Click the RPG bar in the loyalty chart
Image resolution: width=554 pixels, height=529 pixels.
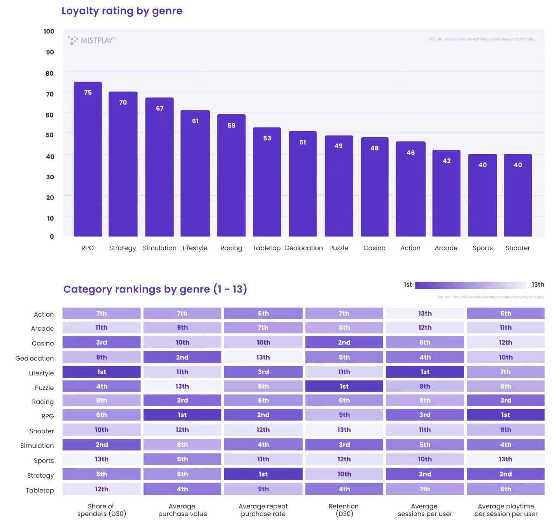88,159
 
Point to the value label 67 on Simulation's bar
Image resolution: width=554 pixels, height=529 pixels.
160,109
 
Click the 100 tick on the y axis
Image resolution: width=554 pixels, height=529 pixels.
49,32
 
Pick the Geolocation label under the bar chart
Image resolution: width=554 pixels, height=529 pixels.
303,248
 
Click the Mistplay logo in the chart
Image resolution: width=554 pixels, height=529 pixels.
92,40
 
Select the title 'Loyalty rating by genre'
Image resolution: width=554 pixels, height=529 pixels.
122,11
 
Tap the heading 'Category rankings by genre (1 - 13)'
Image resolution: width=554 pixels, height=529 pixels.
155,289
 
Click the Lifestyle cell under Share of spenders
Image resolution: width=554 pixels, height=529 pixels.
102,372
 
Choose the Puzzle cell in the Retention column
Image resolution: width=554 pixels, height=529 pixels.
344,386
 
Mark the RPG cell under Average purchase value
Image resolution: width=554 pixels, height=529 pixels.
182,415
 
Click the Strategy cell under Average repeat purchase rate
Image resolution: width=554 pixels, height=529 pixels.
263,474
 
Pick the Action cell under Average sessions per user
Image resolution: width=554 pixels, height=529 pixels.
425,314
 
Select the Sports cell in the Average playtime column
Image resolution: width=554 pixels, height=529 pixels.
505,459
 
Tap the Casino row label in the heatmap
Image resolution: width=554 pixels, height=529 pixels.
43,343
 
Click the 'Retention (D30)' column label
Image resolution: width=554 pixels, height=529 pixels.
344,510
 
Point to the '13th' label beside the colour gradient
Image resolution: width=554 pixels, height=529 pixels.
538,285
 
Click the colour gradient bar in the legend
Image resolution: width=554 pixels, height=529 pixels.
470,286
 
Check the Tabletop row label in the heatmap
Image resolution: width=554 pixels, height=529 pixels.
40,490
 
